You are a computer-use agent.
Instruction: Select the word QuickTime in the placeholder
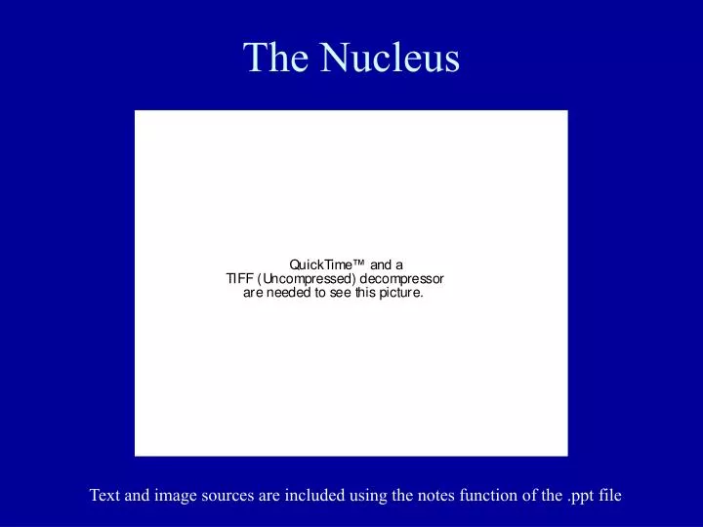(x=320, y=263)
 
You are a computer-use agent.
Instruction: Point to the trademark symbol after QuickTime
(x=359, y=262)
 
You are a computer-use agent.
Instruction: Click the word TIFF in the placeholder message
(x=239, y=277)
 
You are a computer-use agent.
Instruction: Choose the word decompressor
(x=402, y=277)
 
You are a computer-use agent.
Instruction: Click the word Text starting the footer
(x=105, y=496)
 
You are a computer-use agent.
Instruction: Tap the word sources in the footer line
(x=230, y=496)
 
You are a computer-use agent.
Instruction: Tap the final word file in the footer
(x=610, y=496)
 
